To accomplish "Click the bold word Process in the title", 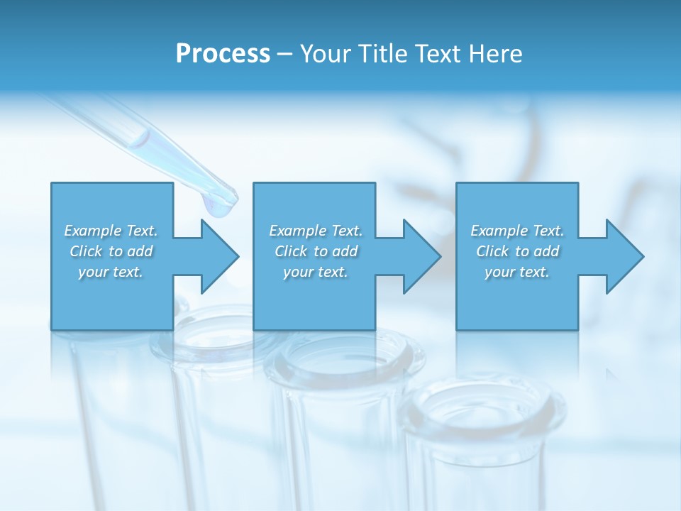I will pos(223,54).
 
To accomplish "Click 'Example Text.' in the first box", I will pos(111,231).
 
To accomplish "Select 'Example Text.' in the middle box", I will pos(315,231).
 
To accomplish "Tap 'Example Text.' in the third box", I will pos(517,231).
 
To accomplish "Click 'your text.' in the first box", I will pos(111,272).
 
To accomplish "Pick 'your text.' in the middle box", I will pos(315,272).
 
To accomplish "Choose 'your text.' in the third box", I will pos(517,272).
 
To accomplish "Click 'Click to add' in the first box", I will pos(111,251).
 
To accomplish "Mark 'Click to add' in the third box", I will pos(517,251).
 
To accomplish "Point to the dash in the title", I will pos(285,54).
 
